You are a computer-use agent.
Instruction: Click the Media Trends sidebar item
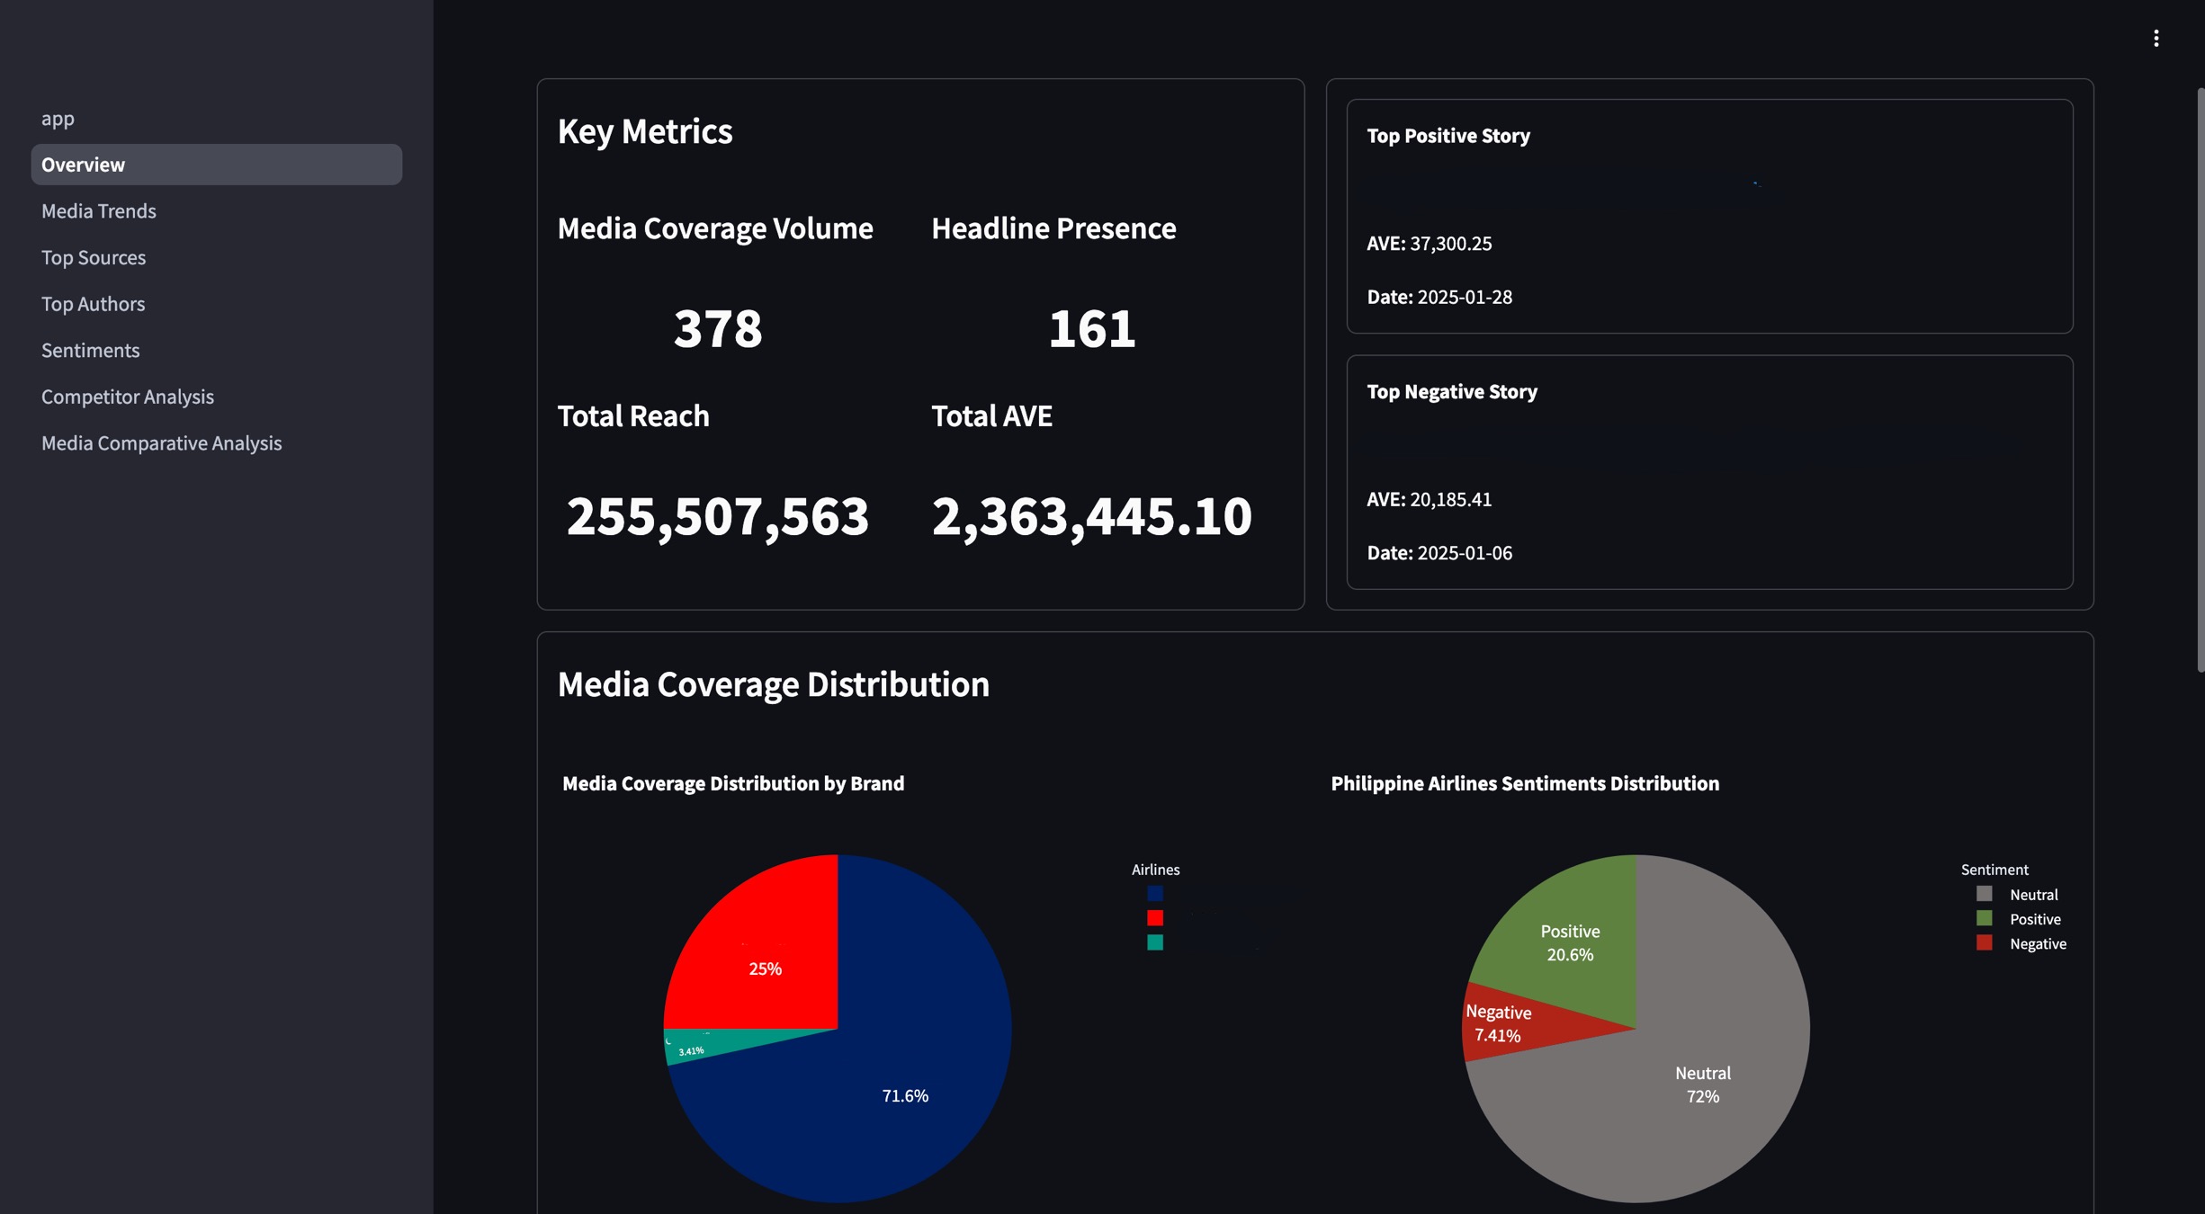pos(99,211)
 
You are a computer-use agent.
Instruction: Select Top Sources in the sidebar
pos(94,258)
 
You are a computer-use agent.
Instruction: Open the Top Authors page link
pos(93,304)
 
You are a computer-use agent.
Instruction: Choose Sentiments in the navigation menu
pos(90,351)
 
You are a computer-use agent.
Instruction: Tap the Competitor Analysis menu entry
pos(128,397)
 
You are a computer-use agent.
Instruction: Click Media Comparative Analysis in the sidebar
pos(161,443)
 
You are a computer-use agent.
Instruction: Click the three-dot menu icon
pos(2156,38)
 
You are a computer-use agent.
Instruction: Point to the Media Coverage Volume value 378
pos(717,328)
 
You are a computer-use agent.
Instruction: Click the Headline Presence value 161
pos(1091,328)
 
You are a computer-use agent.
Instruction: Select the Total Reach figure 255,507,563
pos(717,516)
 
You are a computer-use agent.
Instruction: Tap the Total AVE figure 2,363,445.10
pos(1091,516)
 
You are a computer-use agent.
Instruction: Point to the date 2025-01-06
pos(1464,553)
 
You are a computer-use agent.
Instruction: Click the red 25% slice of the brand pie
pos(765,953)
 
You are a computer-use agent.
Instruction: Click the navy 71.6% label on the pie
pos(904,1095)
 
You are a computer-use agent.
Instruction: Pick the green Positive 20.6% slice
pos(1570,942)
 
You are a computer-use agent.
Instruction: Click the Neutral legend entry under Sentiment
pos(2031,895)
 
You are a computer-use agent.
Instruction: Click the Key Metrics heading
pos(644,132)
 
